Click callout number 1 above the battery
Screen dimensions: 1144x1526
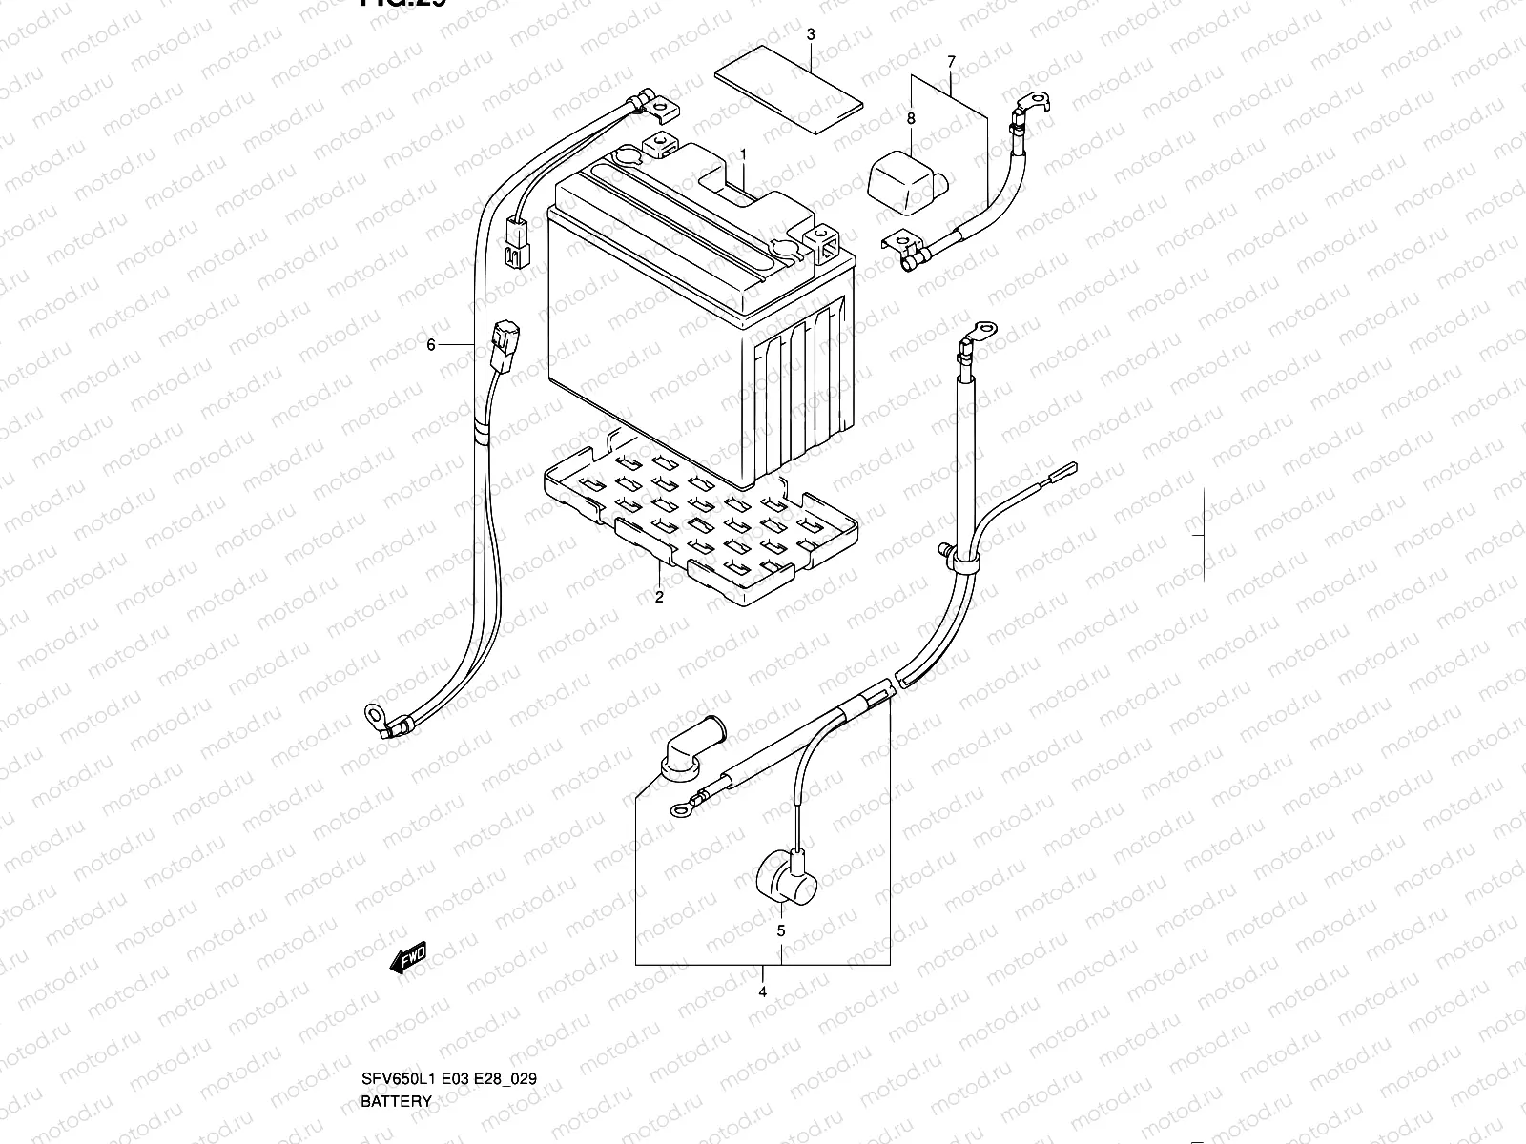tap(743, 153)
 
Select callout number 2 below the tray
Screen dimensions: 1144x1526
tap(658, 598)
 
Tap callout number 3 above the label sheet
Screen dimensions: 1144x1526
tap(810, 35)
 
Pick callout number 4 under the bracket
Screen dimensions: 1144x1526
tap(763, 991)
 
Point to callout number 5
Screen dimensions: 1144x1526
tap(780, 929)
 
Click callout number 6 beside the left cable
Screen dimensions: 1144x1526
tap(431, 344)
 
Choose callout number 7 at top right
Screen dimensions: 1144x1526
tap(950, 62)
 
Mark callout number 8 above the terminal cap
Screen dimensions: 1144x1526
tap(911, 118)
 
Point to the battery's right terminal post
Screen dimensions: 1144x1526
tap(820, 236)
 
